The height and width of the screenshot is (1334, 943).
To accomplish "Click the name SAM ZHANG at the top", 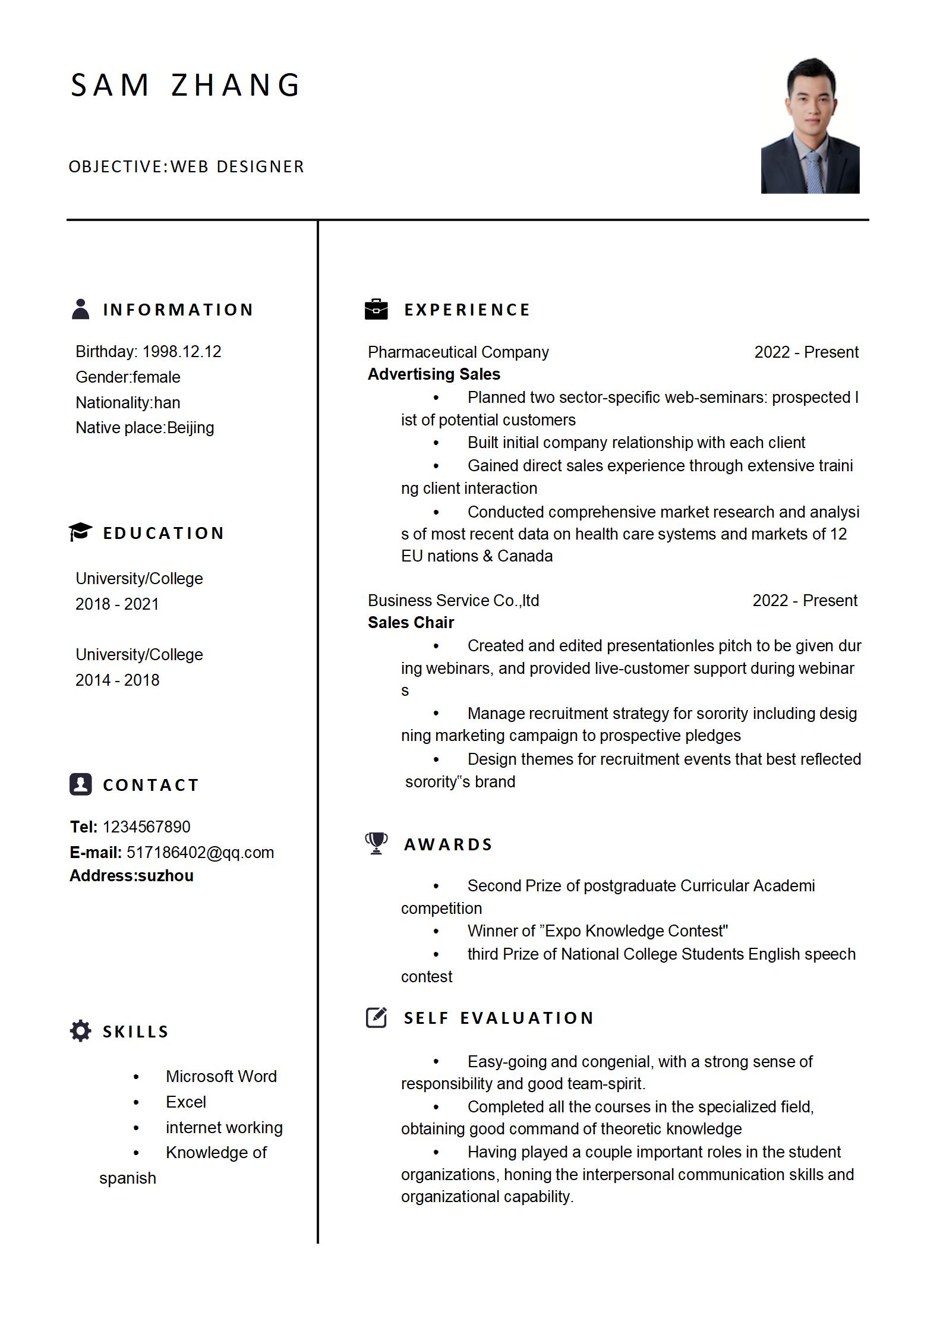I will coord(185,85).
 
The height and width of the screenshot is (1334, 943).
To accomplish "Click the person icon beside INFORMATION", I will coord(80,309).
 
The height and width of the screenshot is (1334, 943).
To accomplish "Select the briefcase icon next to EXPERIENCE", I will coord(376,309).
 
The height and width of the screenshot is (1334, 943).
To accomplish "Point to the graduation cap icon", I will coord(80,532).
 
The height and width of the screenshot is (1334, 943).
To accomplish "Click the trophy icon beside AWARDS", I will coord(376,843).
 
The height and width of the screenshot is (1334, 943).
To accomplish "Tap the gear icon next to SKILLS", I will coord(80,1031).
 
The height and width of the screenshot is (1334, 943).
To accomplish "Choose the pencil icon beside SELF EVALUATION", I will coord(377,1017).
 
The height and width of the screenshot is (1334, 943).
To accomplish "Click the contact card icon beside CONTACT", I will coord(80,784).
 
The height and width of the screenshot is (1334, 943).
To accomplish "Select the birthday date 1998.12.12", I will coord(182,352).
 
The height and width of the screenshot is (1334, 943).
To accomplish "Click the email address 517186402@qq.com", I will coord(200,852).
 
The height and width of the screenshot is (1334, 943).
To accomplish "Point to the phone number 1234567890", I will coord(146,827).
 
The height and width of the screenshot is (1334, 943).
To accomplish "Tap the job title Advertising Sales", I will coord(434,374).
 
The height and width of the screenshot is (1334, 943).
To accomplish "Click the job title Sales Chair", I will coord(411,623).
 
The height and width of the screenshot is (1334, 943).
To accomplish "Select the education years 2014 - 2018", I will coord(117,680).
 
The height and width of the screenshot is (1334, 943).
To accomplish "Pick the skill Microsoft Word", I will coord(221,1076).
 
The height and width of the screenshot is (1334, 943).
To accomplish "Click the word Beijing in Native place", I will coord(190,428).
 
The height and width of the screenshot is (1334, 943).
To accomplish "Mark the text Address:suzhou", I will coord(131,876).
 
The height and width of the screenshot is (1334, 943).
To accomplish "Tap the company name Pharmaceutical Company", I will coord(458,352).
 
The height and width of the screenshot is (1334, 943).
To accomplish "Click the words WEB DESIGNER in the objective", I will coord(237,167).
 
